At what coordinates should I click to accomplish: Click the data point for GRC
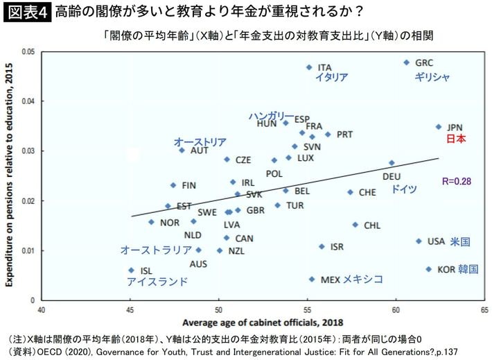pos(407,62)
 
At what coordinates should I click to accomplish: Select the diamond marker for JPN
pos(439,127)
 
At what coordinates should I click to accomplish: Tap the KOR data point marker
pos(428,269)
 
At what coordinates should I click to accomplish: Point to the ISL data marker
pos(131,271)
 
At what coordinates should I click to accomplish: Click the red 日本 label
pos(455,139)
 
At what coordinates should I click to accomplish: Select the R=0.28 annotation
pos(456,181)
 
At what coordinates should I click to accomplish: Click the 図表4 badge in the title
pos(26,12)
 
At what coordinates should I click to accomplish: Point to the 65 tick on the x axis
pos(484,309)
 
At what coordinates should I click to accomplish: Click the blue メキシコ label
pos(363,279)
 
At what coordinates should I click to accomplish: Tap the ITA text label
pos(325,67)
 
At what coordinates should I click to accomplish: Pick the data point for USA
pos(419,241)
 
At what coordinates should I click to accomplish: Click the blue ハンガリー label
pos(271,115)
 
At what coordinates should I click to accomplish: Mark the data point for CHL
pos(355,225)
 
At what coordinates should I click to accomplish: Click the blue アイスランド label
pos(157,282)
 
